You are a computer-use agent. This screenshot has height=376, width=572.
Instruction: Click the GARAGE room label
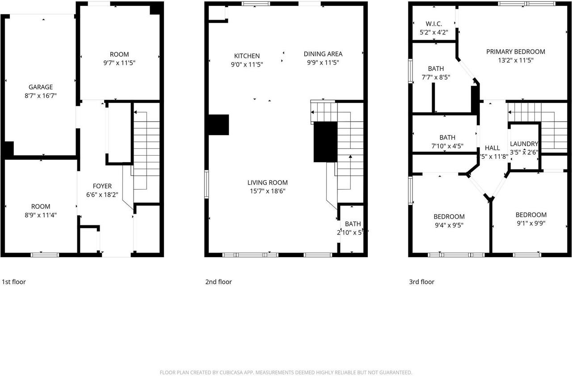(x=41, y=87)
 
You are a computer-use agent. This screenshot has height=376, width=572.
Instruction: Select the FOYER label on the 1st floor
(x=102, y=186)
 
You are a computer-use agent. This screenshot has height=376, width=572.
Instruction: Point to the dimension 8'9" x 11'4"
(x=41, y=215)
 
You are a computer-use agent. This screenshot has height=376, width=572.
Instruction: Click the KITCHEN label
(x=247, y=56)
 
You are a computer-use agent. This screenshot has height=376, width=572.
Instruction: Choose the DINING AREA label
(x=323, y=54)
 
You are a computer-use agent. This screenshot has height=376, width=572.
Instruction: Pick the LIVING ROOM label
(x=268, y=182)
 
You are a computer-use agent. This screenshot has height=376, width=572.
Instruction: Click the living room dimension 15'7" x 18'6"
(x=268, y=191)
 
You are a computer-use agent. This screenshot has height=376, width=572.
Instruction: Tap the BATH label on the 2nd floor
(x=353, y=224)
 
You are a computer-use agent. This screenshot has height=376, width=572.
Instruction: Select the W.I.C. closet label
(x=433, y=24)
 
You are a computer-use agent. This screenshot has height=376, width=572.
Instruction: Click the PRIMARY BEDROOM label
(x=516, y=52)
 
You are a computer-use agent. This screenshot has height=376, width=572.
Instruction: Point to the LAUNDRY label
(x=524, y=144)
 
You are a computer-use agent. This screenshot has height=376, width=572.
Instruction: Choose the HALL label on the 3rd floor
(x=492, y=148)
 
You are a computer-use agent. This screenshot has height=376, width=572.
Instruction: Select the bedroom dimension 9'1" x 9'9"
(x=531, y=223)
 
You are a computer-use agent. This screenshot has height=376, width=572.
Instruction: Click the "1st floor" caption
(x=14, y=282)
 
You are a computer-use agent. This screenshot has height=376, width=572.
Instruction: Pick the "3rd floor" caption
(x=421, y=282)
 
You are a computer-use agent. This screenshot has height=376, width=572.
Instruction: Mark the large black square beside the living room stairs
(x=325, y=142)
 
